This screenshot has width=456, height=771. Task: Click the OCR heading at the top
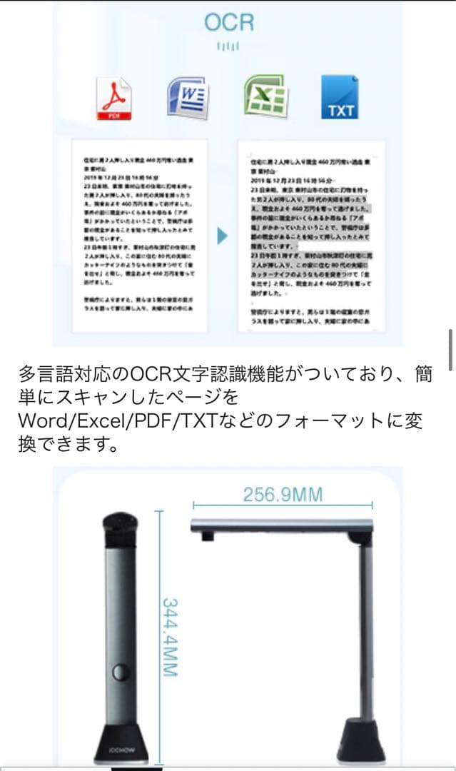click(x=228, y=22)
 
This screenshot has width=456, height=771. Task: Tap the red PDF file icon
click(x=113, y=99)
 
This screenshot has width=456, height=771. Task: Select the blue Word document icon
click(x=188, y=97)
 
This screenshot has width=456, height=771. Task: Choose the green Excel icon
click(x=265, y=97)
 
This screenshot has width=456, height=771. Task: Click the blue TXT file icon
click(x=340, y=98)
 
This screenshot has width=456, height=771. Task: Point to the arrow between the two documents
click(x=222, y=236)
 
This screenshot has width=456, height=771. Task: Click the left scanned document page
click(x=139, y=236)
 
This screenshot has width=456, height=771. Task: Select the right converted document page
click(x=310, y=236)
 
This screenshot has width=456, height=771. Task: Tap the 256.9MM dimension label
click(x=283, y=495)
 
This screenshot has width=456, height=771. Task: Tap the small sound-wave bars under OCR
click(x=228, y=46)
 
